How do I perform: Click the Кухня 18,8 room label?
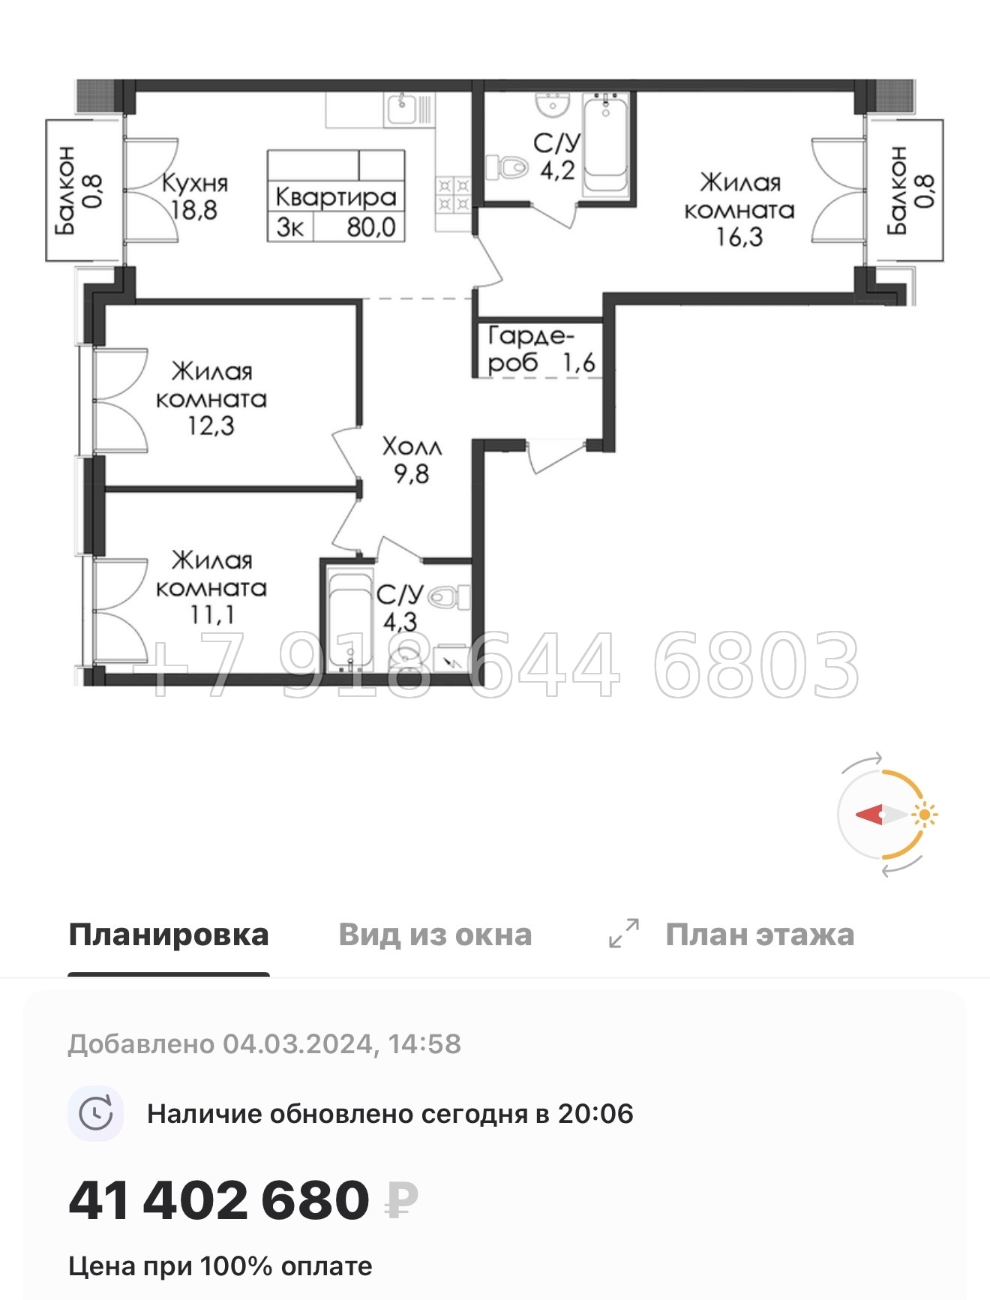click(194, 196)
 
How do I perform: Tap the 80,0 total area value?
click(370, 227)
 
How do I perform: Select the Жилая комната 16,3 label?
click(739, 209)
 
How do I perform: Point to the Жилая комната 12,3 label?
click(211, 398)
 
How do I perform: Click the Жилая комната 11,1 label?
click(211, 587)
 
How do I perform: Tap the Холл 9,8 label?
click(412, 460)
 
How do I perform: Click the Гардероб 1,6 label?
click(540, 349)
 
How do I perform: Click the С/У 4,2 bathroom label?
click(556, 156)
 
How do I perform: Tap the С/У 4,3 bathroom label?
click(400, 608)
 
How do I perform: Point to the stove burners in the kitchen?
click(453, 194)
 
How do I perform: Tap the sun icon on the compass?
click(925, 814)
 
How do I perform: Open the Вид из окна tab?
click(435, 935)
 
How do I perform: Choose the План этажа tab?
click(759, 935)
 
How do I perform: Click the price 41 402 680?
click(219, 1200)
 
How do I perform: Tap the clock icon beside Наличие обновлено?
click(96, 1114)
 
